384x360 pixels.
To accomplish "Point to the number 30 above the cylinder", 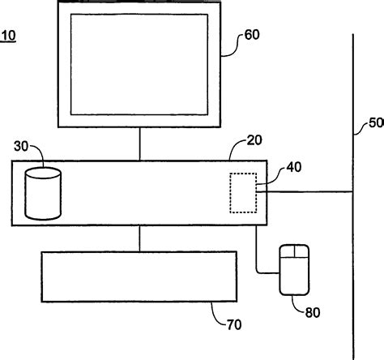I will [x=22, y=146].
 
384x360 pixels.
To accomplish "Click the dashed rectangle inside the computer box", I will [x=243, y=193].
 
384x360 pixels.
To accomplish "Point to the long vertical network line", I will [x=353, y=243].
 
